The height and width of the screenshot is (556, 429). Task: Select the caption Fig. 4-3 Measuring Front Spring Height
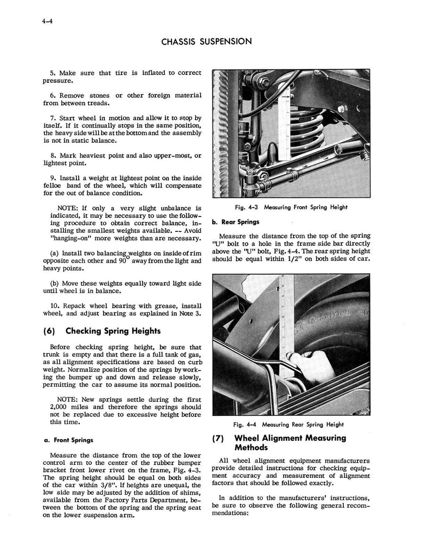pyautogui.click(x=291, y=207)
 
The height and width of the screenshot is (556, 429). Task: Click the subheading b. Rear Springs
pyautogui.click(x=236, y=222)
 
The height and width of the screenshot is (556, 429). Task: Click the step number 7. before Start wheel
pyautogui.click(x=53, y=118)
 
